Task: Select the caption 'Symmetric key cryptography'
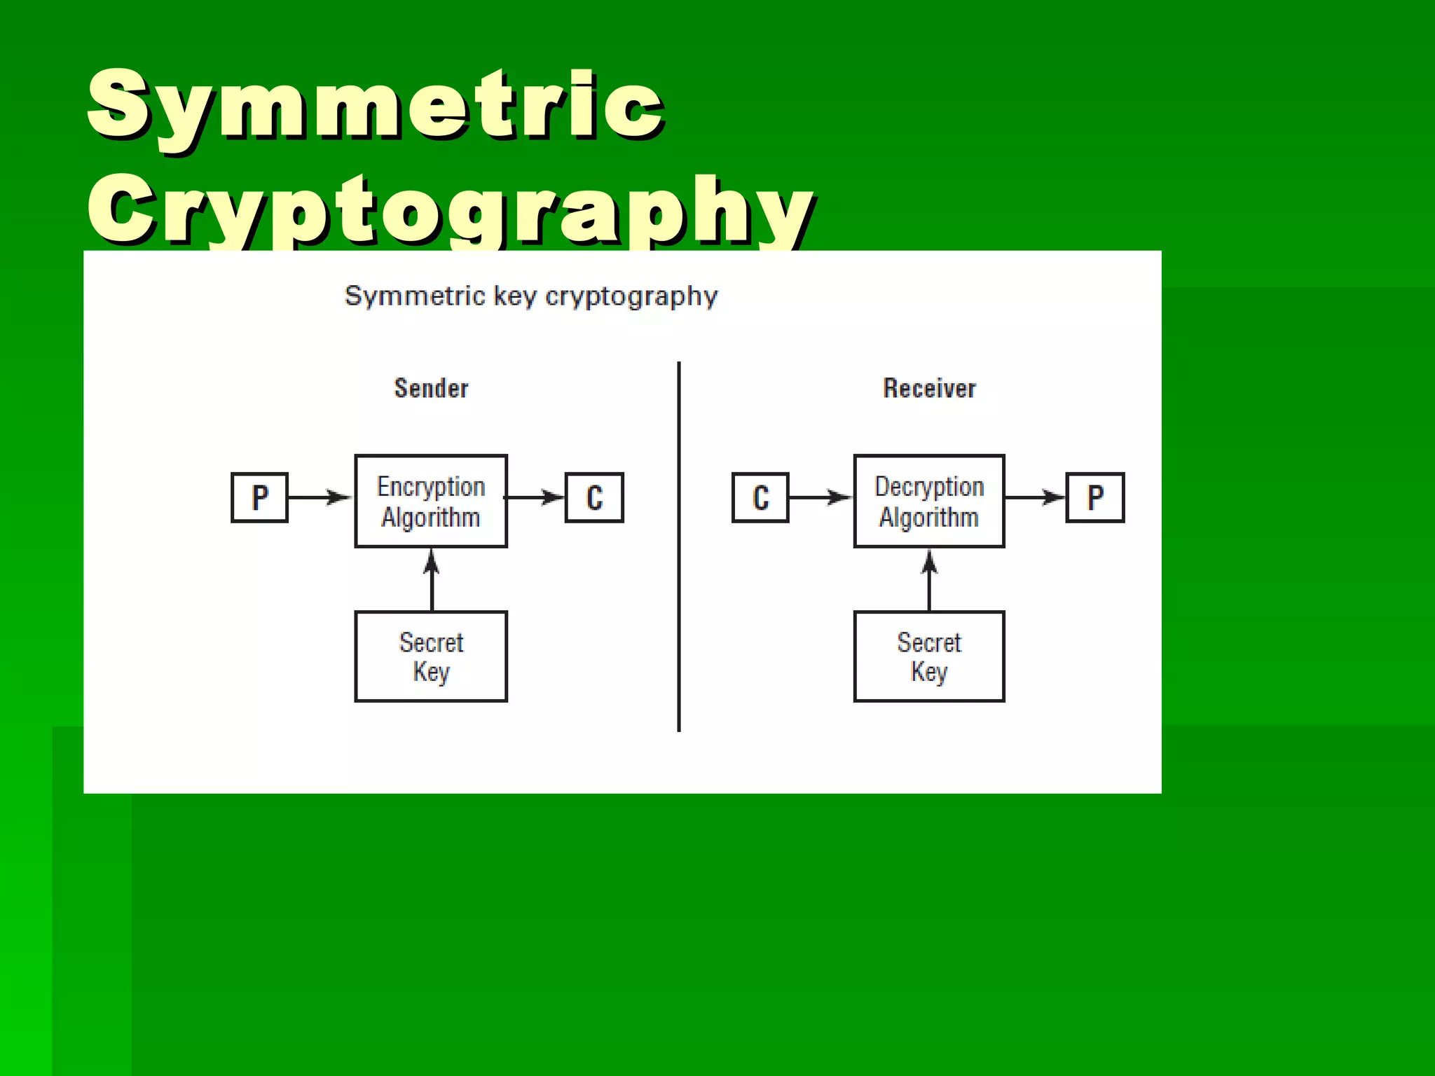tap(531, 296)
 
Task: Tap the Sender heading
tap(431, 388)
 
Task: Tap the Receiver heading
tap(929, 388)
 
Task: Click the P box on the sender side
tap(259, 498)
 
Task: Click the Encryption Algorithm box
tap(431, 501)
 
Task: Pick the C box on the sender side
tap(594, 498)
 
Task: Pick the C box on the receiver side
tap(760, 498)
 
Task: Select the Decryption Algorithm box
tap(929, 501)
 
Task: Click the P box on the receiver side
tap(1095, 498)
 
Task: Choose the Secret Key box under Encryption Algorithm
tap(431, 656)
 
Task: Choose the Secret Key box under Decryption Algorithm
tap(929, 656)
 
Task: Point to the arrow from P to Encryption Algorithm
tap(320, 497)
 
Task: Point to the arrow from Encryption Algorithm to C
tap(535, 497)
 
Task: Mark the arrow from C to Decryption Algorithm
tap(820, 497)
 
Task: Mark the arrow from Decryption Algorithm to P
tap(1035, 497)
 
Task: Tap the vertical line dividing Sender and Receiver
tap(679, 546)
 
